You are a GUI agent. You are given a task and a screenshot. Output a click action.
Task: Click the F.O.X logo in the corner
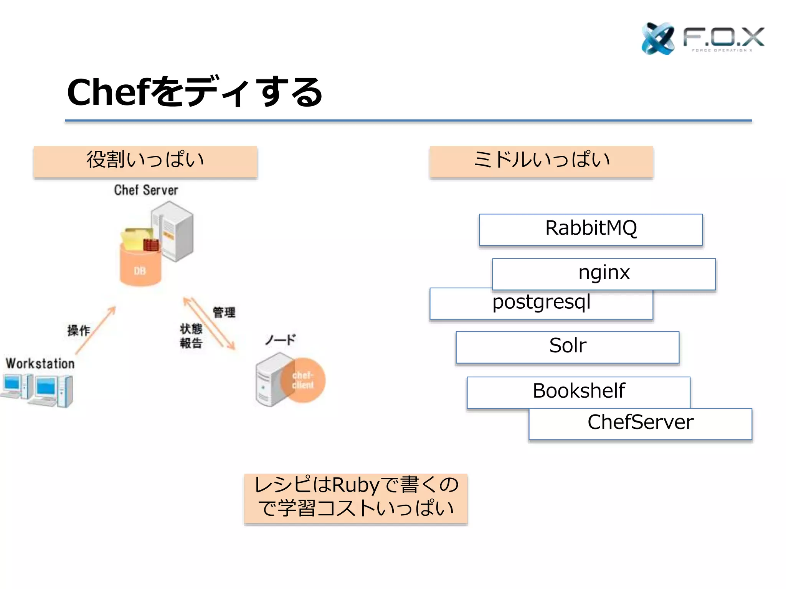702,38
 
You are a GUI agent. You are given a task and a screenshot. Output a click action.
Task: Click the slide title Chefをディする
195,92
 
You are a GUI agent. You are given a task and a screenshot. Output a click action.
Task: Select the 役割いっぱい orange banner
145,161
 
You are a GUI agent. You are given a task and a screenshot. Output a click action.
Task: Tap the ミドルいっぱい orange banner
541,161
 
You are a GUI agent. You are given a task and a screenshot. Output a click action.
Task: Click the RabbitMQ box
591,229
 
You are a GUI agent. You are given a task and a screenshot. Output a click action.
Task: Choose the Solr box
567,347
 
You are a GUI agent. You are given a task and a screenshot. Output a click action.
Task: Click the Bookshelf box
578,392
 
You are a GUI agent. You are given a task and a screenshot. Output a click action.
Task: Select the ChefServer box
640,423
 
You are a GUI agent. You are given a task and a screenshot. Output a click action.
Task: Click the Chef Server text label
146,190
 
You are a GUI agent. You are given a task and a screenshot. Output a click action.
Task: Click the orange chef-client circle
303,380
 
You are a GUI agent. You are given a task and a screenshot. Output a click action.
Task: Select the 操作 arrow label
79,330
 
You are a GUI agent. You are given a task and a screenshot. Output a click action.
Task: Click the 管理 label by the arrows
224,312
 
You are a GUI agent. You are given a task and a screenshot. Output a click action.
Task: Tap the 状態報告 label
191,336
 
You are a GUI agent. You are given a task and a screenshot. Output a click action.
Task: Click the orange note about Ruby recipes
355,498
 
